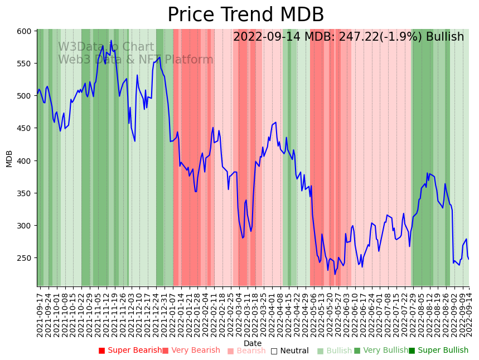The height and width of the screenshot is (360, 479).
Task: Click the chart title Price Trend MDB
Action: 245,15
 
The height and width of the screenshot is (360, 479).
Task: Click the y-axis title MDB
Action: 9,158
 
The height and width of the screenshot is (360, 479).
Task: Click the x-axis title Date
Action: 253,344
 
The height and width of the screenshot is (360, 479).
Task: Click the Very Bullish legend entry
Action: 381,351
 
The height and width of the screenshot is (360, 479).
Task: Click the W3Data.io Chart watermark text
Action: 106,47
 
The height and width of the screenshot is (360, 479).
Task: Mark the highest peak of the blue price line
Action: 111,41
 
